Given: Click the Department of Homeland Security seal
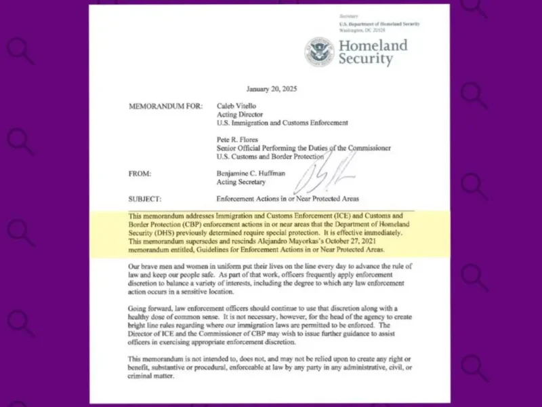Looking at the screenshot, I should (x=319, y=52).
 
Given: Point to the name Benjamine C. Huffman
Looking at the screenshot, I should (x=255, y=174).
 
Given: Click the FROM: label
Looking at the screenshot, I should (x=140, y=174).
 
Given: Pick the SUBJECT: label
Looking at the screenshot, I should (x=144, y=199).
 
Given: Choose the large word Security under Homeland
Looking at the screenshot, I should (x=365, y=59).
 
